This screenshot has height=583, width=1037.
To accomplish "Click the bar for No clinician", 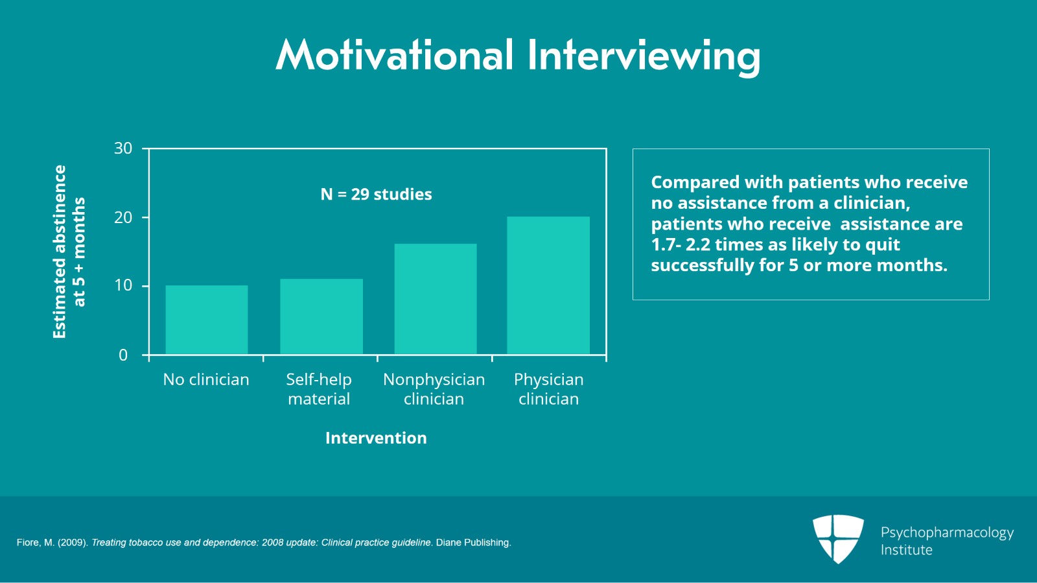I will [206, 320].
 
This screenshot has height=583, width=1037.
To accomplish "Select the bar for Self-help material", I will [321, 316].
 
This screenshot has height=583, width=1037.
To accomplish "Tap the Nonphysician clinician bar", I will [435, 299].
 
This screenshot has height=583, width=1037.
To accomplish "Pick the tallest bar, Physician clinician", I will [548, 285].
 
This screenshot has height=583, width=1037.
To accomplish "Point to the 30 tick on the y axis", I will [123, 149].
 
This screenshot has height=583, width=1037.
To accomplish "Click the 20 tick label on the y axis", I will [123, 217].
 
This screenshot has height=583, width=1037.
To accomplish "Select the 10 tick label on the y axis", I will [123, 285].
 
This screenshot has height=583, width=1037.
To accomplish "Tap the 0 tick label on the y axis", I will [123, 355].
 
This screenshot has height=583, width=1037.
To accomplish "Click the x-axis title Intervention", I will [376, 438].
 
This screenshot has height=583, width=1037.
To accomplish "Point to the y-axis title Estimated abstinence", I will [60, 252].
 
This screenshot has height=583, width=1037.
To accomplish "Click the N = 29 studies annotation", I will [376, 195].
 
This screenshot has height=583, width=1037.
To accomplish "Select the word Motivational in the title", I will [395, 55].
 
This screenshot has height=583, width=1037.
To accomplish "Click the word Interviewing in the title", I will [644, 56].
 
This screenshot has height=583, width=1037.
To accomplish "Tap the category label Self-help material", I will [319, 389].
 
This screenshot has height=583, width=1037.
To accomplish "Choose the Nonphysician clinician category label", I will [434, 389].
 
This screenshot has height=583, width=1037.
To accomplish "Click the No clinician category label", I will [206, 379].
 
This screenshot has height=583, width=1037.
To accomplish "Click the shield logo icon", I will [838, 538].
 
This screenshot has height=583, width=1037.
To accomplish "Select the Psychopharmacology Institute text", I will [946, 541].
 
